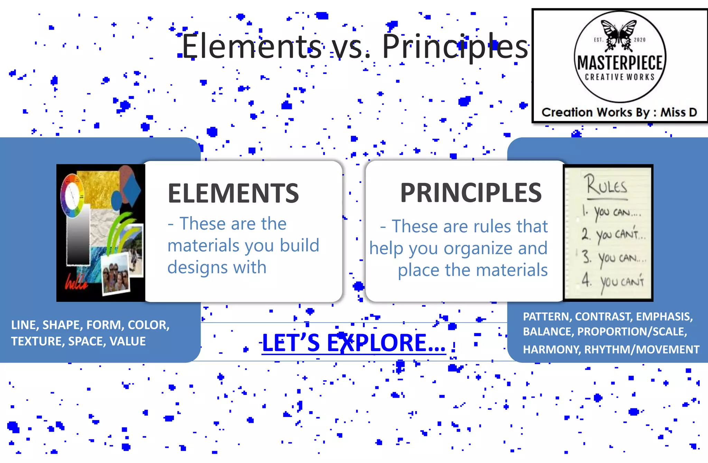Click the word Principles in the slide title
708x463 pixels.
click(x=455, y=46)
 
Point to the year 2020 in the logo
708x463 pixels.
click(x=640, y=40)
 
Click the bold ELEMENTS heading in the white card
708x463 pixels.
click(x=233, y=193)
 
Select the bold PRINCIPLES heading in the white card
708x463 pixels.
click(x=471, y=193)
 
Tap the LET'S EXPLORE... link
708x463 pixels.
click(x=353, y=343)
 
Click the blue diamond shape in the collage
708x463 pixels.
click(x=131, y=189)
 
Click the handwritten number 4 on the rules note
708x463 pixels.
click(x=586, y=279)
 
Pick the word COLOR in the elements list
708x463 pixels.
click(x=148, y=325)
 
